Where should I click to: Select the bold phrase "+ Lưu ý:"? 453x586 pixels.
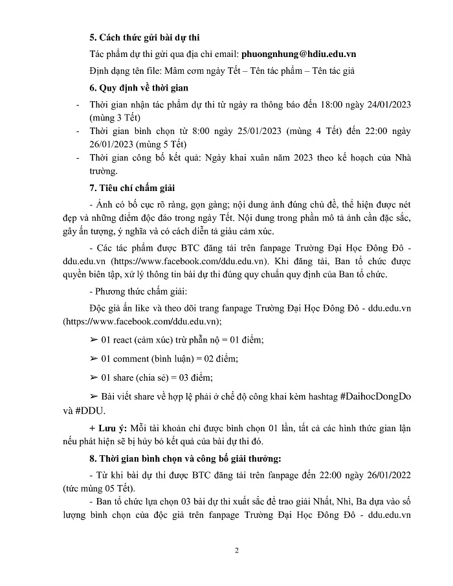pyautogui.click(x=107, y=429)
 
